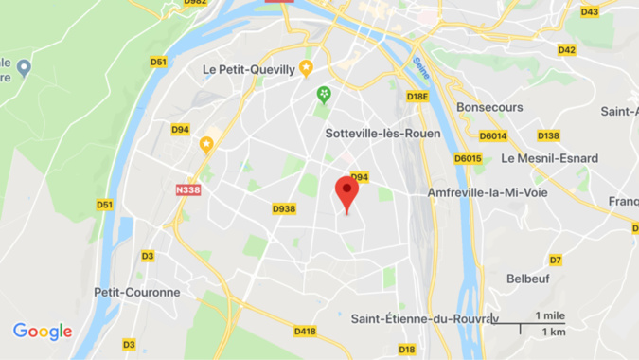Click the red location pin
(347, 191)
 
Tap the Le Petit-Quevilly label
(249, 68)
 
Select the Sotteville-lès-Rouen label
(382, 133)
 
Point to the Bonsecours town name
(489, 107)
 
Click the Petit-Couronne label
(136, 292)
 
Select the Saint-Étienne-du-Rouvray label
(424, 318)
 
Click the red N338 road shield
(188, 189)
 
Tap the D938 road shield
(284, 208)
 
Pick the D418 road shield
(305, 331)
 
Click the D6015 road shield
(467, 158)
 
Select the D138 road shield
(548, 135)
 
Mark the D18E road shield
(417, 97)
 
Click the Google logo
(43, 331)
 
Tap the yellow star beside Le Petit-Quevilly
(306, 67)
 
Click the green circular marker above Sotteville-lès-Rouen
(324, 94)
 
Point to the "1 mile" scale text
(550, 315)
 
